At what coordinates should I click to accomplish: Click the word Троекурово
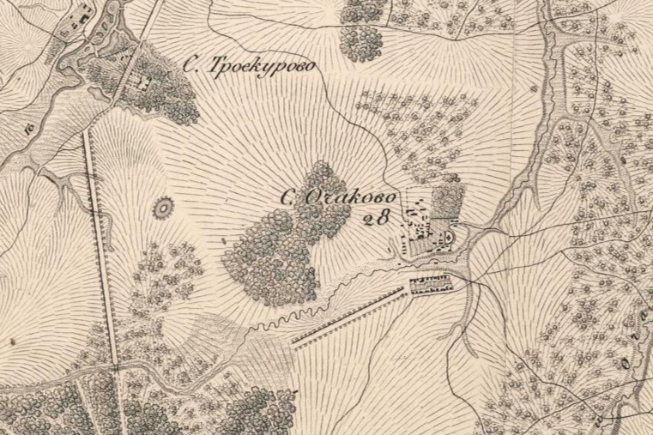tap(263, 66)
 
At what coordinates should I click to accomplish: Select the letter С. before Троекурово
tap(193, 63)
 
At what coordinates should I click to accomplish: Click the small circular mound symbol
tap(160, 207)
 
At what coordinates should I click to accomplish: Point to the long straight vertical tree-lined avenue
tap(100, 249)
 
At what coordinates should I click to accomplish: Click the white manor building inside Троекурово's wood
tap(143, 83)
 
